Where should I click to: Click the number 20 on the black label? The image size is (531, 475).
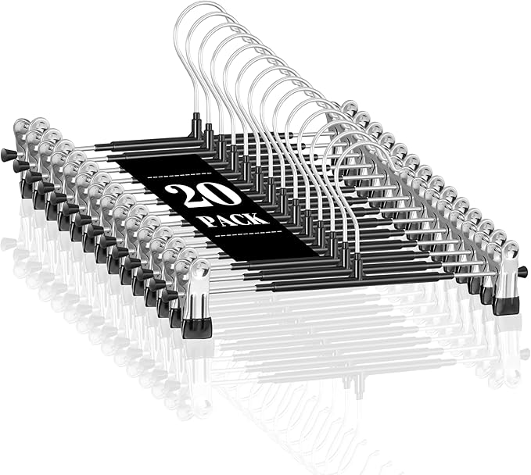203,195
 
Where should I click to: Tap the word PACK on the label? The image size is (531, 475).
233,220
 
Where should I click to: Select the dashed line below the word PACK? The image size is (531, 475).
249,233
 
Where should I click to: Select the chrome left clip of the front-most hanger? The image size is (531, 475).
196,298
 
